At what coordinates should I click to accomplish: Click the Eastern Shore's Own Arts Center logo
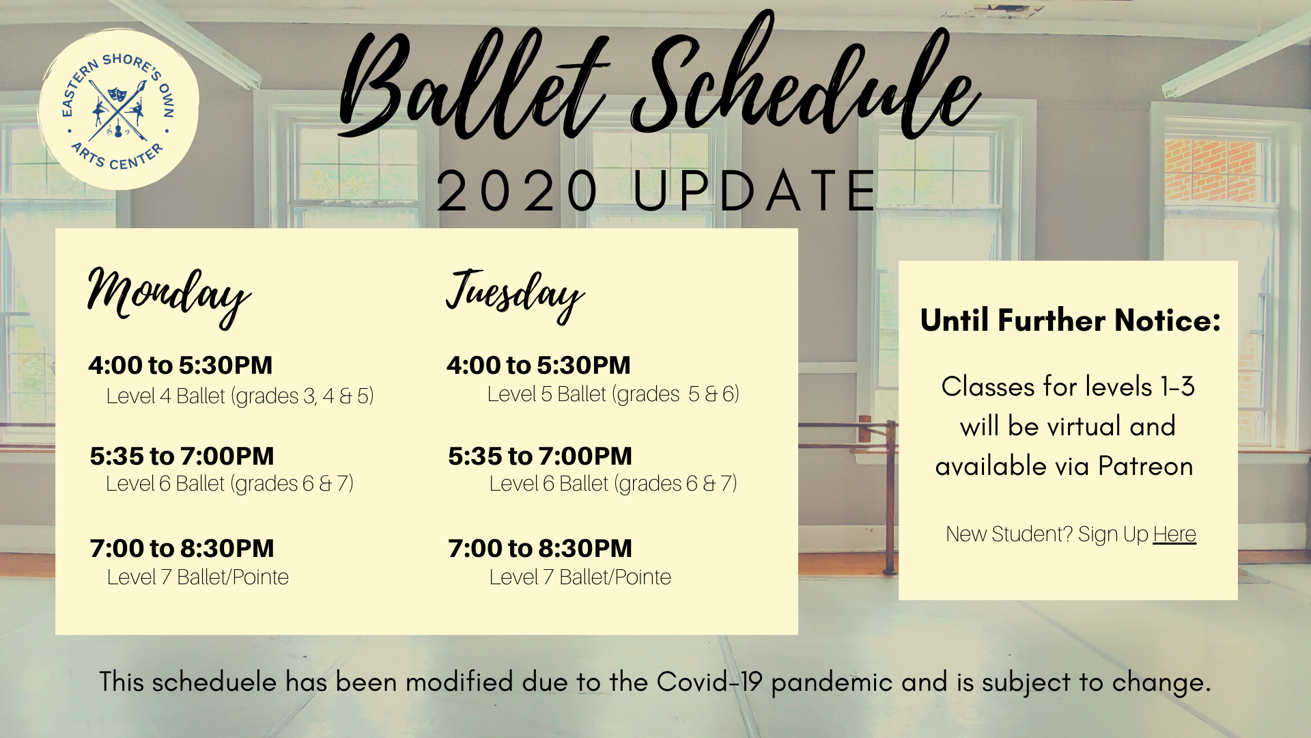118,109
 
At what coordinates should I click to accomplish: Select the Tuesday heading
515,295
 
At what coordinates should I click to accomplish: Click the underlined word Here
1174,534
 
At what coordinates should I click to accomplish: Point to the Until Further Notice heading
1070,320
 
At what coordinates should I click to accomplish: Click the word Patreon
1145,466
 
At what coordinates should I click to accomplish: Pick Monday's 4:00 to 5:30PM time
180,365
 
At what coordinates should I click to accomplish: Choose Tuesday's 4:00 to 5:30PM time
539,365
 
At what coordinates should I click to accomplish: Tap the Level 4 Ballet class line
240,396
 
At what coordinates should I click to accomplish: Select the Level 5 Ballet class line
613,394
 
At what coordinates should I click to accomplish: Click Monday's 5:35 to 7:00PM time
182,456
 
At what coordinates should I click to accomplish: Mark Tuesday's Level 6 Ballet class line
613,484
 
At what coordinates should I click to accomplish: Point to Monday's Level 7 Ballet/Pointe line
198,577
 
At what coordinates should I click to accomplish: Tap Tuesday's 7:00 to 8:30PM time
540,548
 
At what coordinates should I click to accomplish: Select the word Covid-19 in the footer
709,682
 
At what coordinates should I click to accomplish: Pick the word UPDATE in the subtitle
755,191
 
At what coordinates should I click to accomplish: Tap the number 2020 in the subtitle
518,191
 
